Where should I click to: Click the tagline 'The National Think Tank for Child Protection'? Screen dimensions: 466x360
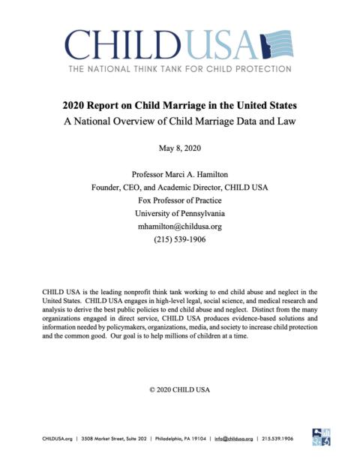[179, 69]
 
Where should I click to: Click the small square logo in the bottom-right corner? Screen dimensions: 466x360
[320, 437]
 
